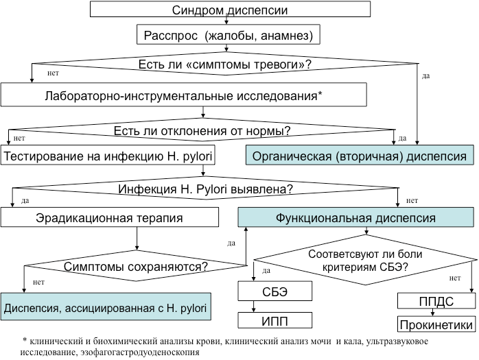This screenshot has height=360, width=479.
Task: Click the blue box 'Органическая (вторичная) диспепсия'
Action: click(x=360, y=156)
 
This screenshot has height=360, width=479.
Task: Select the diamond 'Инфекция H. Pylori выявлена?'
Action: click(x=206, y=189)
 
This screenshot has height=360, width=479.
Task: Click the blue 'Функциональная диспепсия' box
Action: click(x=355, y=219)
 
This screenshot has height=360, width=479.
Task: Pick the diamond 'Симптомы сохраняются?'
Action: click(x=137, y=265)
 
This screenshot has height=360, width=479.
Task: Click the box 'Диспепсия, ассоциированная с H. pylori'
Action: click(x=104, y=306)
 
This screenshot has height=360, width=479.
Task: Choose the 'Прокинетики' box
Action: click(x=436, y=324)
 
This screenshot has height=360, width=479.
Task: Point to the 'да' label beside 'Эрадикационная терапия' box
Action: click(x=231, y=242)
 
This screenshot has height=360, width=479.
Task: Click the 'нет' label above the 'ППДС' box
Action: click(x=454, y=278)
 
